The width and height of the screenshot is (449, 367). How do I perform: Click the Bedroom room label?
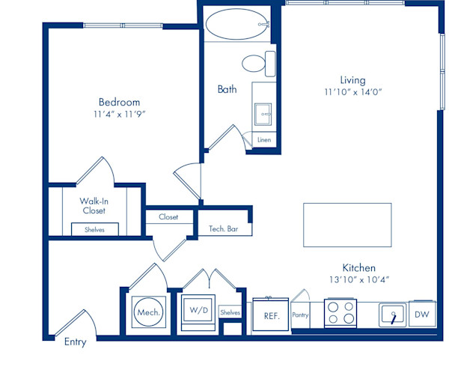(x=120, y=102)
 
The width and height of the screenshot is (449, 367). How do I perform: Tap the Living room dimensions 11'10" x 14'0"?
(x=353, y=92)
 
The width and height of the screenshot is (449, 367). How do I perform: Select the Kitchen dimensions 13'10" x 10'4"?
(x=359, y=279)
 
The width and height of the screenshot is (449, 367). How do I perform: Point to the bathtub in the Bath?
(x=237, y=24)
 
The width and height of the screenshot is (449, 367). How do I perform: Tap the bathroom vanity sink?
(x=263, y=115)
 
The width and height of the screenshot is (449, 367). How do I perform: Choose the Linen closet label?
(x=264, y=140)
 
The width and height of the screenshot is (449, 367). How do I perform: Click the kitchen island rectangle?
(x=347, y=225)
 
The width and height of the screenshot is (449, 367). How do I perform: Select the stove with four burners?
(x=340, y=313)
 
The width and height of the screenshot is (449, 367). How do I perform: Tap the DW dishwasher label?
(x=422, y=315)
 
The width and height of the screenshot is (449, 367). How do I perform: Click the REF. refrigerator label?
(x=272, y=316)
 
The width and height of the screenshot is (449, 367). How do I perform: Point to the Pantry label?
(x=300, y=315)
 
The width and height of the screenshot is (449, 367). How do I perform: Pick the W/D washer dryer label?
(x=199, y=310)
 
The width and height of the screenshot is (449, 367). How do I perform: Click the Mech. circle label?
(x=149, y=312)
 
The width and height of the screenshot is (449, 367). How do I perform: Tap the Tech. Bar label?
(x=223, y=228)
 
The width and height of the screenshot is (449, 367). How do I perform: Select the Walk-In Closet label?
(x=94, y=206)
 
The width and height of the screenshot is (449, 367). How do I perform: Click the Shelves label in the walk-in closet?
(x=94, y=230)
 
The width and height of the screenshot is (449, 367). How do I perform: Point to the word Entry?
(x=76, y=342)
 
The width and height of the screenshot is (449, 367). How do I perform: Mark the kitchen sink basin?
(x=393, y=315)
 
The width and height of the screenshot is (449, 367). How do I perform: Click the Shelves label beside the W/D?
(x=230, y=312)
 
